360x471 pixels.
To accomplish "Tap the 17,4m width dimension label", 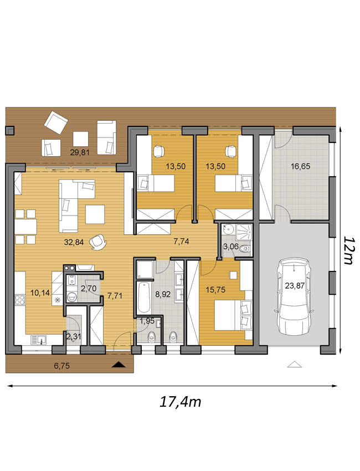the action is [180, 402].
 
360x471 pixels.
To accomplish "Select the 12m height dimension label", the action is [348, 250].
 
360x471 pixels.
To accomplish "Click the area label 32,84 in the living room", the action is [74, 242].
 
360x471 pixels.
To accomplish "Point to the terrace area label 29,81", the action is [80, 152].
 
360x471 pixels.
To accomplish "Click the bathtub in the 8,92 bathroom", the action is [144, 298].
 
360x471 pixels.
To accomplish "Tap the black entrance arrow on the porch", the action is [119, 365].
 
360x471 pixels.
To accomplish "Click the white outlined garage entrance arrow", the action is [294, 364].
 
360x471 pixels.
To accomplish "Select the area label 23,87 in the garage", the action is [295, 286].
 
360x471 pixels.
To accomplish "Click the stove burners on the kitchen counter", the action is [20, 300].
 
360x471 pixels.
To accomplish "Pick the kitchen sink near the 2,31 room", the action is [38, 340].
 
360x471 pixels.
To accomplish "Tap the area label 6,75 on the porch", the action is [62, 366].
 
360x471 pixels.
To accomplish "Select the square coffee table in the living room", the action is [95, 214].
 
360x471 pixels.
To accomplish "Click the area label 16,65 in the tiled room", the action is [301, 166].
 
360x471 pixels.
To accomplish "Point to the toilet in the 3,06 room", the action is [245, 249].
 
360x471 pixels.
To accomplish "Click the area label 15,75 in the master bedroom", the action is [215, 290].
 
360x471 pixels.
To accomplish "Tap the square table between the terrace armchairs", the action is [81, 139].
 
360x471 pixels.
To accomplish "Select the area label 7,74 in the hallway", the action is [181, 241].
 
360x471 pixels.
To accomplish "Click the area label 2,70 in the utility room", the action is [89, 289].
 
